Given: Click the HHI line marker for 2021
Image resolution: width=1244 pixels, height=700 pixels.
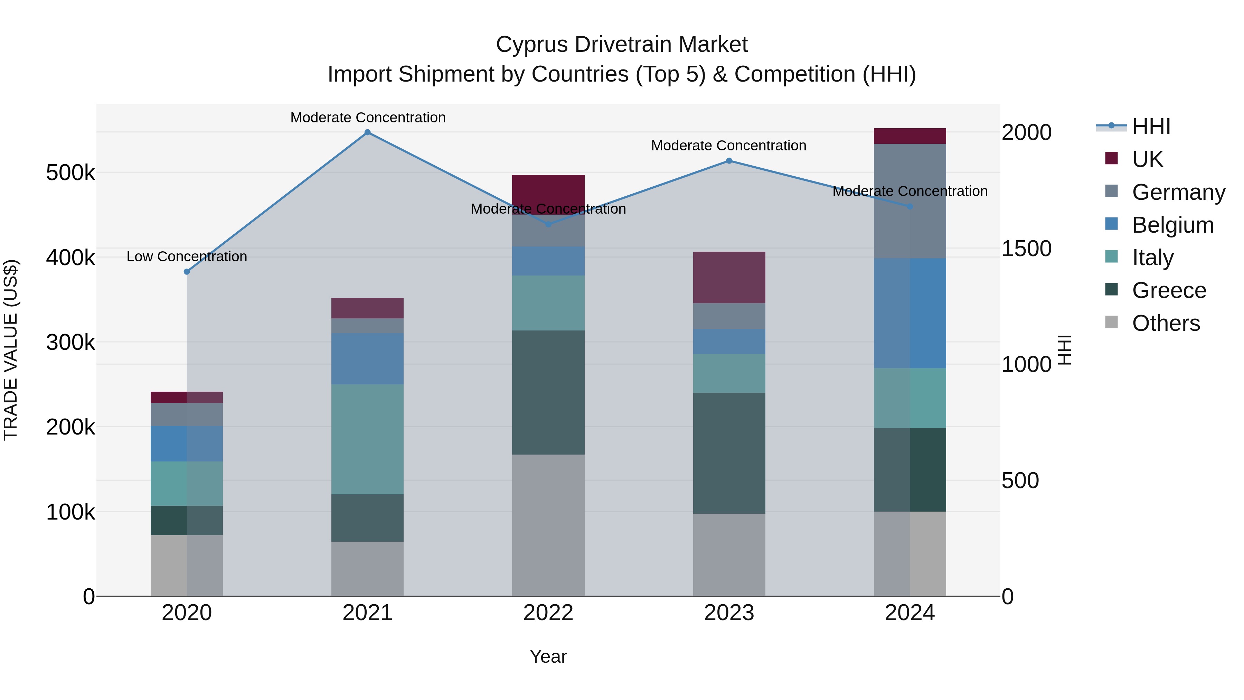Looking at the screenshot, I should point(368,132).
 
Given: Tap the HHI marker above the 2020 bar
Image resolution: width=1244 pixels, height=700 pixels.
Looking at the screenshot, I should point(187,271).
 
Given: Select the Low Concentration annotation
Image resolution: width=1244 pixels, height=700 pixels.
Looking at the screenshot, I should point(187,256).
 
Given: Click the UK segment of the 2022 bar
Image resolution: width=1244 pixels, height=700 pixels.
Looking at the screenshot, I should point(548,191).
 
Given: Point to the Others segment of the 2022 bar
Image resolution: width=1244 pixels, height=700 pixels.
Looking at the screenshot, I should point(548,525).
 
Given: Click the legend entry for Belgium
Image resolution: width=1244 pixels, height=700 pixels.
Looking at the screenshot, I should point(1172,225).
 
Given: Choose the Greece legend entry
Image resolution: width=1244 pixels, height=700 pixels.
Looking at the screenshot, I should point(1169,290).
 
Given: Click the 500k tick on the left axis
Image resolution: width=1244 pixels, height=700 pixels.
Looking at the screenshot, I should point(70,172).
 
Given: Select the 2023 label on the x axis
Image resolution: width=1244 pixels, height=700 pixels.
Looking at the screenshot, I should point(729,613).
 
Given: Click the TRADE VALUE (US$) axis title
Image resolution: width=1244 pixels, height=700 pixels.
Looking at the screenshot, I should point(11,349).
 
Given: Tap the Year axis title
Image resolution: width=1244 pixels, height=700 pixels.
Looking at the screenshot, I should point(548,656).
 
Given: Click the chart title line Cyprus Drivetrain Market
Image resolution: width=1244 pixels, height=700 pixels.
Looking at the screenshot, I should point(622,45).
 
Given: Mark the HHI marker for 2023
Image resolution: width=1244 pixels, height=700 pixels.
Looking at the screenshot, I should point(729,161).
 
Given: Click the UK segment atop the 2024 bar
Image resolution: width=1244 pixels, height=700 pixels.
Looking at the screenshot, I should point(910,136).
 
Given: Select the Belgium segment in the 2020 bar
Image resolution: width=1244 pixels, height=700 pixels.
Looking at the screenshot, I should point(187,444).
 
